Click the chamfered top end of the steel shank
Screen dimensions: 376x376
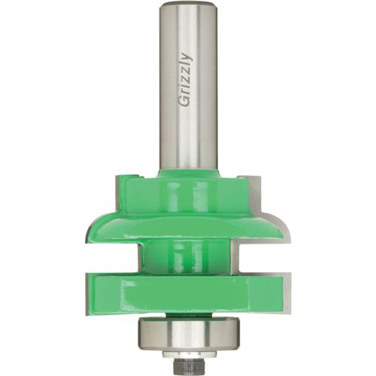(x=187, y=5)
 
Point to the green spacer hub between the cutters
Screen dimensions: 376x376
(x=187, y=256)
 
